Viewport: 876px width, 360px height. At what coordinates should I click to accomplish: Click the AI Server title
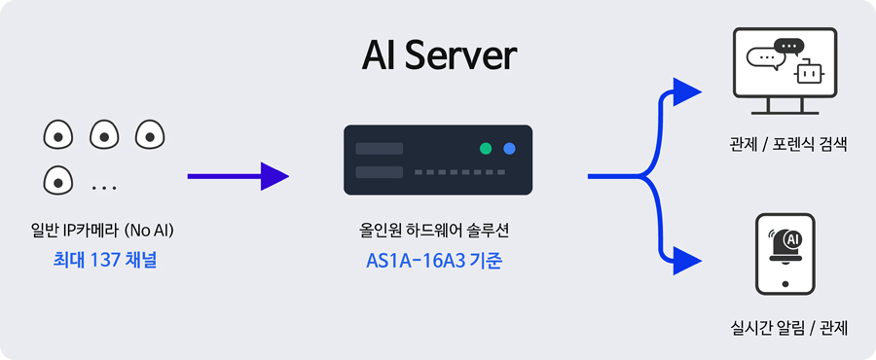pyautogui.click(x=439, y=55)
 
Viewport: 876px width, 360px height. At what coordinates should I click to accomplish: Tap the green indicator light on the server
pyautogui.click(x=486, y=149)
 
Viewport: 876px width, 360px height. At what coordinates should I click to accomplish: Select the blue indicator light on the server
pyautogui.click(x=509, y=149)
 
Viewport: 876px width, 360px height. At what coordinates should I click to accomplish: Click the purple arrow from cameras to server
pyautogui.click(x=238, y=176)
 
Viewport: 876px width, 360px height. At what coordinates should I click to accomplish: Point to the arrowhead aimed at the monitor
pyautogui.click(x=686, y=92)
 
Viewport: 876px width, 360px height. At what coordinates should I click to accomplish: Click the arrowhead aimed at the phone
pyautogui.click(x=686, y=261)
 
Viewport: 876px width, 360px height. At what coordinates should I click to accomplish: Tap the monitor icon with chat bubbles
pyautogui.click(x=785, y=71)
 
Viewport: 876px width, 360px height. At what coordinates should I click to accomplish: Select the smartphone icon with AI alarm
pyautogui.click(x=785, y=254)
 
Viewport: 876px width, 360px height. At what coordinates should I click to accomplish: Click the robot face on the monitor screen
pyautogui.click(x=809, y=73)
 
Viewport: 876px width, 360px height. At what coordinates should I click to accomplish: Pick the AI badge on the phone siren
pyautogui.click(x=792, y=239)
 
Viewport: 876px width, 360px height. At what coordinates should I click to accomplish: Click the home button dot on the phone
pyautogui.click(x=785, y=284)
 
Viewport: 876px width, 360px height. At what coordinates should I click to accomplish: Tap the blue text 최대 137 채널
pyautogui.click(x=105, y=260)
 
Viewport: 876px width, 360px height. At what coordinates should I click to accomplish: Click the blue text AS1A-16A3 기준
pyautogui.click(x=434, y=261)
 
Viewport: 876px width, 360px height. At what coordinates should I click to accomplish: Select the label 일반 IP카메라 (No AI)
pyautogui.click(x=103, y=230)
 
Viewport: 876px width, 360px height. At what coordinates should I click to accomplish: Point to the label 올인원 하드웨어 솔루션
pyautogui.click(x=434, y=230)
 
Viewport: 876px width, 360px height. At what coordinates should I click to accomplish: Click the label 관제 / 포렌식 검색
pyautogui.click(x=788, y=146)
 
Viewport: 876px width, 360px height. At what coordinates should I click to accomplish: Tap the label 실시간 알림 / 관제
pyautogui.click(x=788, y=328)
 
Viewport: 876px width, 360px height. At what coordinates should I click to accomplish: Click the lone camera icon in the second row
pyautogui.click(x=58, y=180)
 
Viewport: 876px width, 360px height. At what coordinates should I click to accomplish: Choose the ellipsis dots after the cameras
pyautogui.click(x=104, y=188)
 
